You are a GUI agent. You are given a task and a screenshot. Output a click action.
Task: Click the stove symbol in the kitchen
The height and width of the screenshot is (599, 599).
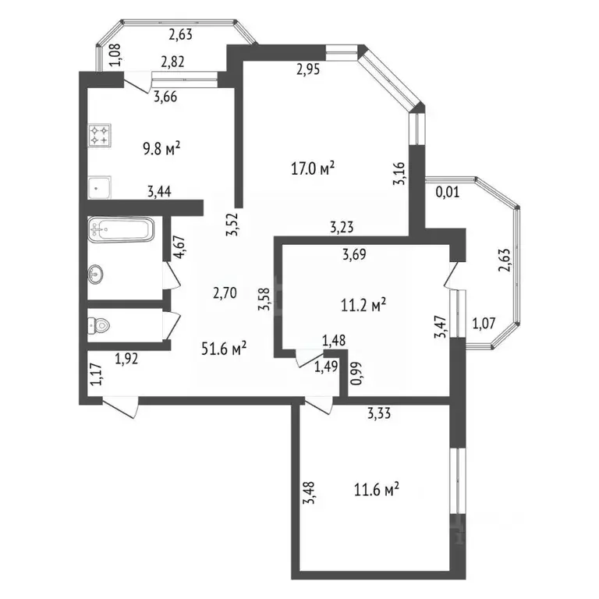[101, 136]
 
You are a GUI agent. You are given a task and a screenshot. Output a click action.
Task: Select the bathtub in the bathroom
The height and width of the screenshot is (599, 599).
[121, 229]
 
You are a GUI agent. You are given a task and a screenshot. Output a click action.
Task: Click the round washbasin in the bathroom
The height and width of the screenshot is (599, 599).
[97, 274]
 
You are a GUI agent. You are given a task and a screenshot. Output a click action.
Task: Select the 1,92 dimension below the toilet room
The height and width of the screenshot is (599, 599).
[127, 359]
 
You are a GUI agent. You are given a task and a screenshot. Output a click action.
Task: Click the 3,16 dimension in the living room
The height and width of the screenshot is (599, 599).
[399, 172]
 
